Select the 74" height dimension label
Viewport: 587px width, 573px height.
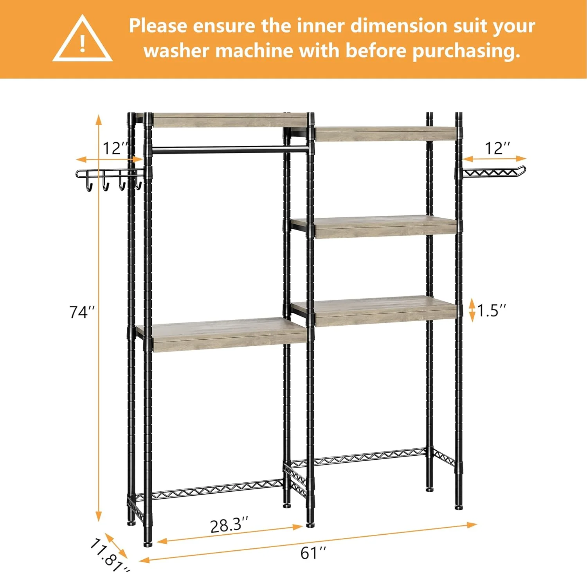(82, 312)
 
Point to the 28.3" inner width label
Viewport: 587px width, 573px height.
(229, 525)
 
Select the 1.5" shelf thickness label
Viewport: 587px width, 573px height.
(491, 310)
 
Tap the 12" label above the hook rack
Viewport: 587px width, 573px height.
(115, 149)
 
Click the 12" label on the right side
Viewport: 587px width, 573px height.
(497, 149)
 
